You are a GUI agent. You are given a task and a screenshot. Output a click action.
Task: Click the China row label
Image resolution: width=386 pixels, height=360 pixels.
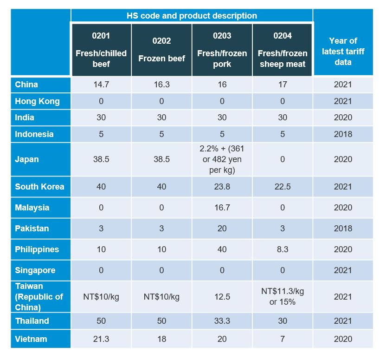26,85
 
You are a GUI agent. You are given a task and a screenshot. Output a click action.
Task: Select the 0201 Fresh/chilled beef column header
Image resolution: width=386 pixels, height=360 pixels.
101,50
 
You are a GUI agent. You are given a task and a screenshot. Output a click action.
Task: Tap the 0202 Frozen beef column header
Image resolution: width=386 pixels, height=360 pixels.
161,50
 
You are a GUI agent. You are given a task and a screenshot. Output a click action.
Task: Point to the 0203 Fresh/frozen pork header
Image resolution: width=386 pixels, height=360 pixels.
222,50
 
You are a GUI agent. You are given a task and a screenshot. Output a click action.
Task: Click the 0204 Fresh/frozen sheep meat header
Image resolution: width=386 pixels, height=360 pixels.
283,50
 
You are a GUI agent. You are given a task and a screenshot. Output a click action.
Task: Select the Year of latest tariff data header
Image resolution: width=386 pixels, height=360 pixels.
343,51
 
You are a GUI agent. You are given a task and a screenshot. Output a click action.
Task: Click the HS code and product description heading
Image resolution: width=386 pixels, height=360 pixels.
192,16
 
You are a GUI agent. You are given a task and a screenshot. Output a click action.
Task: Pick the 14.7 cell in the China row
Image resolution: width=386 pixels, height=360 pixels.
101,85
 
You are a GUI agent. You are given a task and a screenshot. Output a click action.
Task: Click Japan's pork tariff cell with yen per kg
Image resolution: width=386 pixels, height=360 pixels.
222,159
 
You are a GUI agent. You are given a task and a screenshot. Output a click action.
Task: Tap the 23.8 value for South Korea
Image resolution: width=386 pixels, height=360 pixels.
222,187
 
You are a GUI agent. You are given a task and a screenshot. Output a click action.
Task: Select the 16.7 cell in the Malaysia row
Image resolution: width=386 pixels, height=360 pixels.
222,208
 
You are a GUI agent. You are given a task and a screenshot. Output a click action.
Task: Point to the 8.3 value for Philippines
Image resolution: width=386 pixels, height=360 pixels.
283,249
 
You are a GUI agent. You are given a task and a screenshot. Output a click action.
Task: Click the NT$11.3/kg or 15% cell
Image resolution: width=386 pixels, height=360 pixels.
283,296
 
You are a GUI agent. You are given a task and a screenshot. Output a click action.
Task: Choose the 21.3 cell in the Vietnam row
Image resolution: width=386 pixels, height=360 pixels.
101,339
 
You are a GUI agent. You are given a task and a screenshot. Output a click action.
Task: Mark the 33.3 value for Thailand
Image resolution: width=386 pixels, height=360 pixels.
222,321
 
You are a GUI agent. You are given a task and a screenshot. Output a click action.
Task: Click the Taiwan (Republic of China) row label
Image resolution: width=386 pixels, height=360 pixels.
39,296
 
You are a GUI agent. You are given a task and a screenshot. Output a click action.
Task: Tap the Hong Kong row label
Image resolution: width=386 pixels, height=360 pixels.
37,101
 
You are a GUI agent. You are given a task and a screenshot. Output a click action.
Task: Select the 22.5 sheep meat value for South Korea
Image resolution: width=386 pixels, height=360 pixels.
283,187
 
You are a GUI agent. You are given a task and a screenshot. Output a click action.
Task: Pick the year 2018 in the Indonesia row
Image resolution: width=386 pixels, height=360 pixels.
343,134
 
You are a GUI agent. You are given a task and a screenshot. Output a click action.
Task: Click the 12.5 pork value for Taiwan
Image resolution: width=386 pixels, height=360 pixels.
222,296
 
